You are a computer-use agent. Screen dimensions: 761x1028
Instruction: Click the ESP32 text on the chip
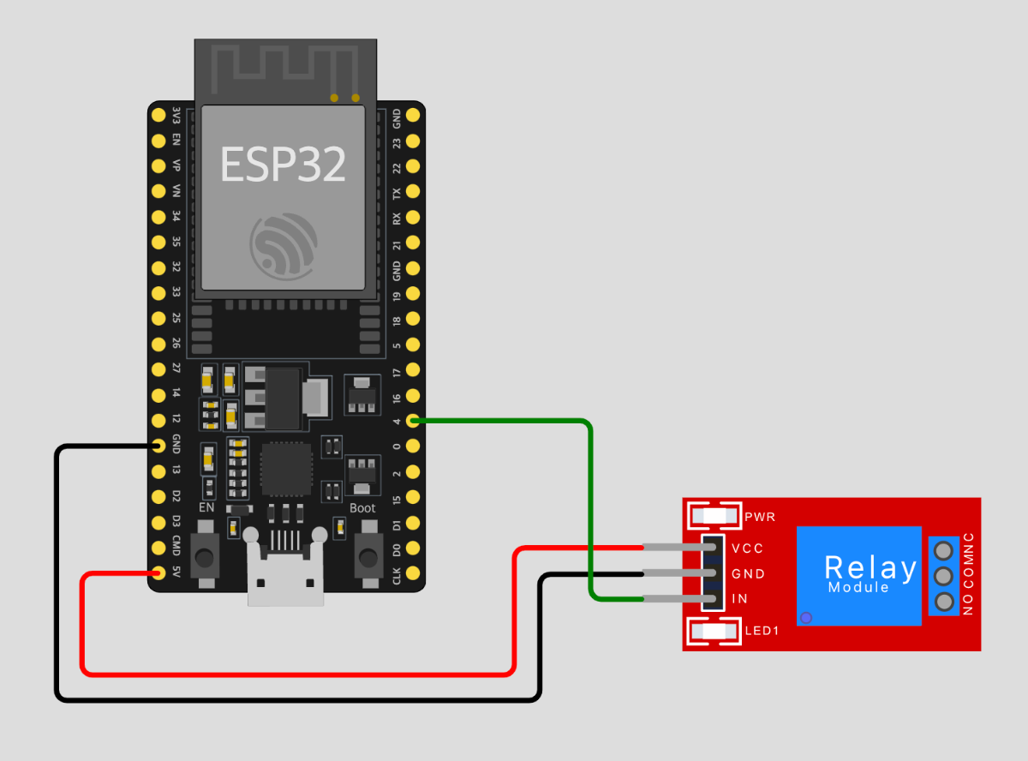coord(283,164)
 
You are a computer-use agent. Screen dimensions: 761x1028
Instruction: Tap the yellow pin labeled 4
coord(413,421)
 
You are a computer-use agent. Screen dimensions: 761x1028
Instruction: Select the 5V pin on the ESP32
coord(158,572)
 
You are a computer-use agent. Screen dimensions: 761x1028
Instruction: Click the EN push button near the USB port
coord(205,558)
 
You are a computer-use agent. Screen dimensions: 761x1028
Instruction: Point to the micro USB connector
coord(286,572)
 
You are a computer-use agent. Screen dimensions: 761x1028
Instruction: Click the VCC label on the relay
coord(747,548)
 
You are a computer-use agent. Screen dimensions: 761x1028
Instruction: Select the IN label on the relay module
coord(739,599)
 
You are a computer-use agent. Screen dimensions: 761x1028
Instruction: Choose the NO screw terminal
coord(944,601)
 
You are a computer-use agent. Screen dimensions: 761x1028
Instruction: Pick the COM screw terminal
coord(944,575)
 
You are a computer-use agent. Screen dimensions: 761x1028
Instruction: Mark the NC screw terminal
coord(944,549)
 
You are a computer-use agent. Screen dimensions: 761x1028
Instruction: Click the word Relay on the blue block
coord(870,567)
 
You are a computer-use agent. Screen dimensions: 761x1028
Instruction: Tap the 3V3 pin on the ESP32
coord(158,115)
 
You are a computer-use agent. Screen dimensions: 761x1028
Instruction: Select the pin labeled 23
coord(413,140)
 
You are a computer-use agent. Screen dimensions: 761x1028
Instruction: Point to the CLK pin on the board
coord(413,572)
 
